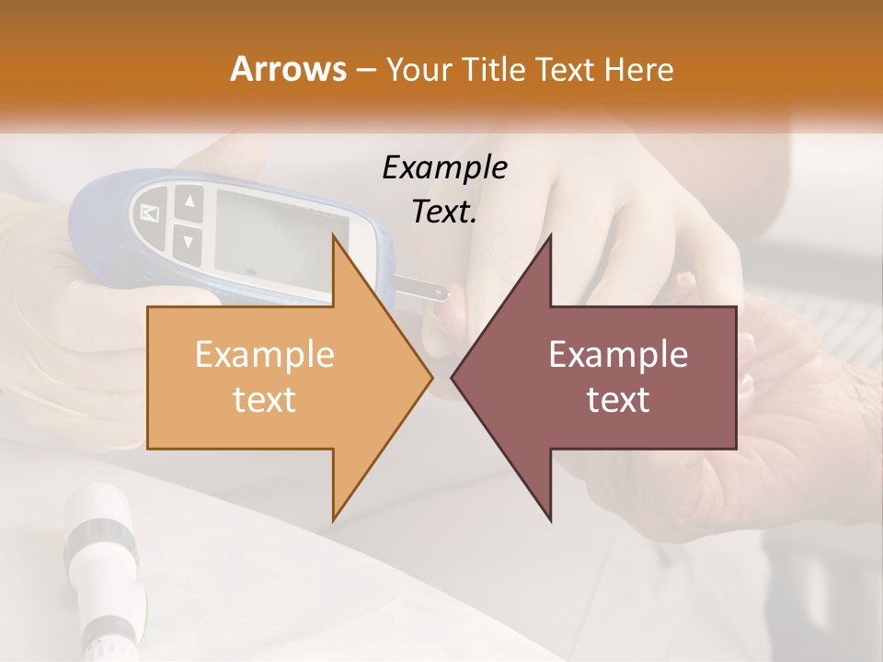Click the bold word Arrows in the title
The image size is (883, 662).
click(288, 69)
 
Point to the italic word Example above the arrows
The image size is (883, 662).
click(444, 167)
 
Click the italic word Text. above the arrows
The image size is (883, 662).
click(444, 211)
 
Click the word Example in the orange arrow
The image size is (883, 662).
click(264, 355)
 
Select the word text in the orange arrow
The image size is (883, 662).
click(264, 399)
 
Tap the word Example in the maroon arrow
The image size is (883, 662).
click(618, 355)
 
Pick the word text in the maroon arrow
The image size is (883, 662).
click(618, 399)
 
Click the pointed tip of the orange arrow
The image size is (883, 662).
click(430, 377)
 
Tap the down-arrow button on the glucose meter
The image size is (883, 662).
click(188, 242)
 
